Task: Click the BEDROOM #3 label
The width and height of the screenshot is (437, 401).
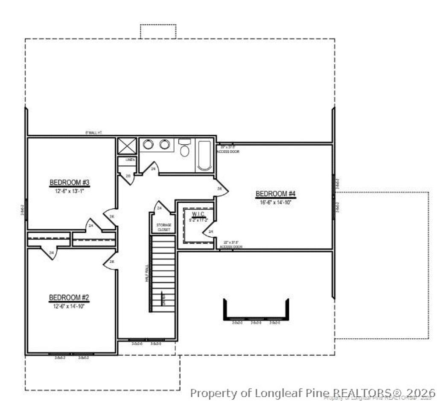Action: pos(70,183)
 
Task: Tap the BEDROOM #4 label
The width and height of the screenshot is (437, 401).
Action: pos(275,194)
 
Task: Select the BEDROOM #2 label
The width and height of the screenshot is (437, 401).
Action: pos(69,297)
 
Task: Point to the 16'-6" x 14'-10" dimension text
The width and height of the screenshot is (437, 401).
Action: pos(275,202)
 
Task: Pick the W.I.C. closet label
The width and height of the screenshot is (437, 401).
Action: pos(198,214)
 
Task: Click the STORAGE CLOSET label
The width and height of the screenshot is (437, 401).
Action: pos(163,227)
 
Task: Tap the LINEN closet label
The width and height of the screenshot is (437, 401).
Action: pos(130,160)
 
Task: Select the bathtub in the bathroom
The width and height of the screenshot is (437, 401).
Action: pos(204,155)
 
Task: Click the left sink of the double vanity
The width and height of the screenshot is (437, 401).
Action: pos(148,145)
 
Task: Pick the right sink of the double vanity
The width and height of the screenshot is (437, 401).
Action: pos(165,145)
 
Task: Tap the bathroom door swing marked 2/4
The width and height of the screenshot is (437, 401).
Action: pos(152,169)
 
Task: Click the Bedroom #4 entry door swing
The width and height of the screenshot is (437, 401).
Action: pos(221,188)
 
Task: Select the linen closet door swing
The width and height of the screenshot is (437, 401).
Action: pos(127,177)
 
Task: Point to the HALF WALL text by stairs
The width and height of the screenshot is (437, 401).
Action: pos(146,273)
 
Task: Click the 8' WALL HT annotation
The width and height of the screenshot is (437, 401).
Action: pos(93,133)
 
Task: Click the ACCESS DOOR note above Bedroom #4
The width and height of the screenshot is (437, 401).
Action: pos(228,151)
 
